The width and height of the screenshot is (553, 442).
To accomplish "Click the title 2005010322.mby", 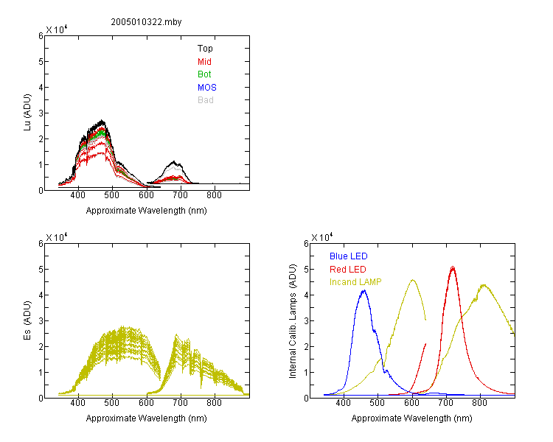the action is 146,22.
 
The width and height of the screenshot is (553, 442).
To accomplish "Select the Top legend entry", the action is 205,49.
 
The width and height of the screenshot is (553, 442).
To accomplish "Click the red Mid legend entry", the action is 204,62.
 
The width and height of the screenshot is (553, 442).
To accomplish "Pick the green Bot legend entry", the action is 204,74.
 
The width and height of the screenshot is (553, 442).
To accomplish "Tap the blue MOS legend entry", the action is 207,88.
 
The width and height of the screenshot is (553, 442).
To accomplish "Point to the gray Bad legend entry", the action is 205,100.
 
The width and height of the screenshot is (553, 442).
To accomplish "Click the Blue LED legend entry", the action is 349,256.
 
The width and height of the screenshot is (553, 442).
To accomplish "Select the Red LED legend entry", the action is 348,270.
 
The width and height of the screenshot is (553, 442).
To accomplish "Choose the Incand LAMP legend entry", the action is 355,282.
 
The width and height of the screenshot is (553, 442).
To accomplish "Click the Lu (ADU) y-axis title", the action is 27,113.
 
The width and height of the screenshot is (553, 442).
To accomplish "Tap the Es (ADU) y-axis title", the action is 27,320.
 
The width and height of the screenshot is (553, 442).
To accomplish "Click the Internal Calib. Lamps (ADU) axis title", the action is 293,321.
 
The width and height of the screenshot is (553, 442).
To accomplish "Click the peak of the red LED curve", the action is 453,267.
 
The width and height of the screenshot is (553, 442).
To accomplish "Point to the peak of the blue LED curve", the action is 364,291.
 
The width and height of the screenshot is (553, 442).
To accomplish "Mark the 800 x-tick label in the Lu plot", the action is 214,195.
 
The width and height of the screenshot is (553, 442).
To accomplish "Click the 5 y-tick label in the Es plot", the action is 41,270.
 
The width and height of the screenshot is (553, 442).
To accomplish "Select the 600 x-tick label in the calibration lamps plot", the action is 411,403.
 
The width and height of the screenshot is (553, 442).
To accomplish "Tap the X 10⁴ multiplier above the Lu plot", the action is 57,29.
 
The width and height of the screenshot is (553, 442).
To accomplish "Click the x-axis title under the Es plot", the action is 147,418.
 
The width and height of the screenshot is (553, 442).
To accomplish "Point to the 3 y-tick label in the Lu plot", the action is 41,113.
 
